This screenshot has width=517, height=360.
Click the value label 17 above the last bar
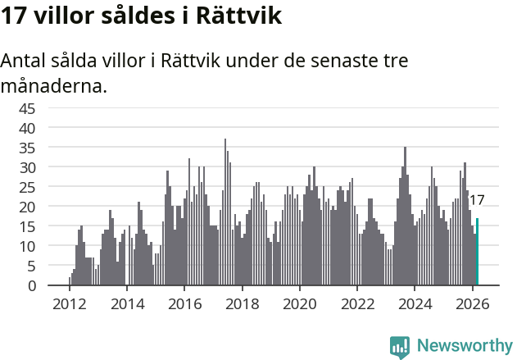click(x=476, y=200)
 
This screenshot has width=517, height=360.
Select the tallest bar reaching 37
click(x=225, y=212)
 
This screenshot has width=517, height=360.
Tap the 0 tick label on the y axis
click(x=32, y=286)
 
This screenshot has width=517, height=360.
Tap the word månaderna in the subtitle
click(x=54, y=85)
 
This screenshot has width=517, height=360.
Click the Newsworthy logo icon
click(x=400, y=347)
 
